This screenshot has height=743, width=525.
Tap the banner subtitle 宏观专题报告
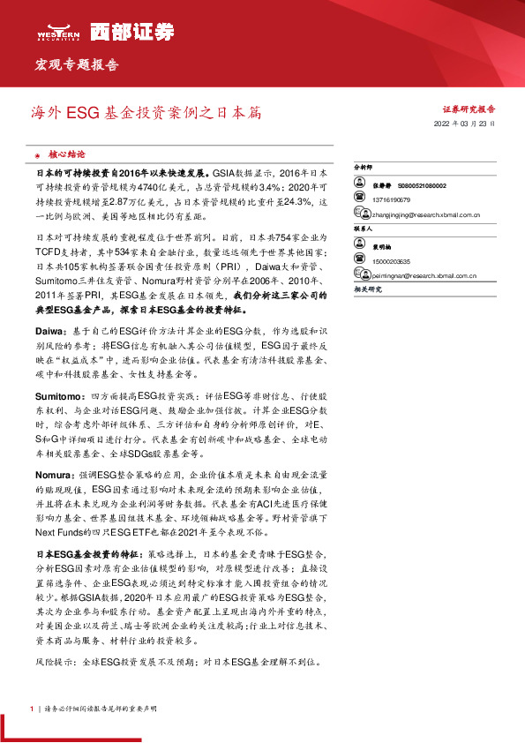pos(76,65)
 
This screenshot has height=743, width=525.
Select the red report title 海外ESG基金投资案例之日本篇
pos(146,113)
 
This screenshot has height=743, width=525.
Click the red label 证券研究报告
pos(468,109)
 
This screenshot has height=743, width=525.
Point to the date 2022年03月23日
pos(466,124)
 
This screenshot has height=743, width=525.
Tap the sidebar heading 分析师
pos(363,166)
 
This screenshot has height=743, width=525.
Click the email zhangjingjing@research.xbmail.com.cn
pos(425,214)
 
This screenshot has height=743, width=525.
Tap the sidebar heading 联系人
pos(363,227)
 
